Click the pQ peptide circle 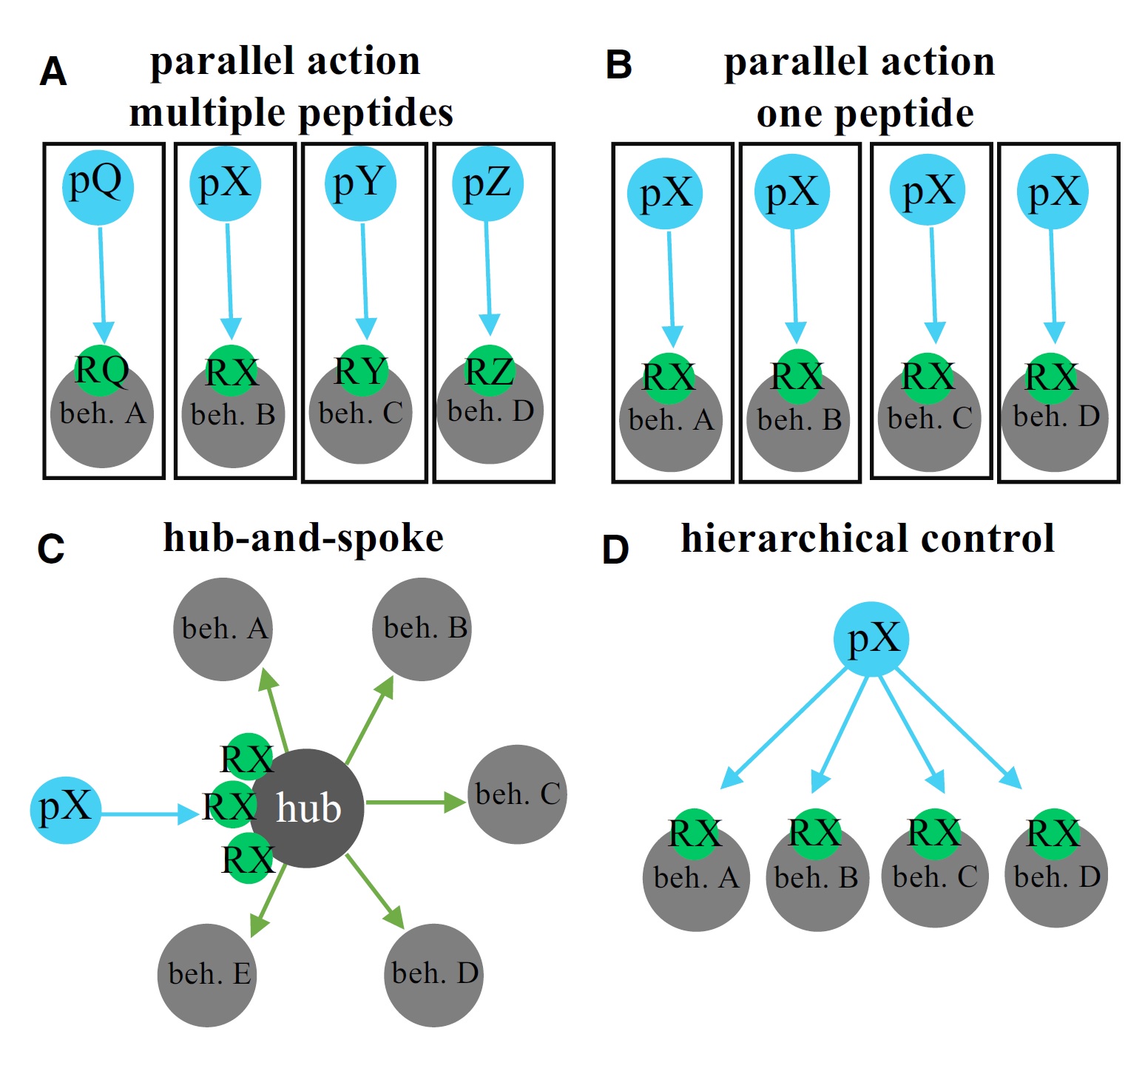(98, 186)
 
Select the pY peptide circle (361, 184)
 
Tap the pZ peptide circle (487, 184)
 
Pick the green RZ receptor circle (489, 369)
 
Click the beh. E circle (208, 974)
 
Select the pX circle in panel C (66, 810)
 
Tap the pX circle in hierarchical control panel (871, 639)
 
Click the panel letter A (53, 72)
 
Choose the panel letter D (615, 550)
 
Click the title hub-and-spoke (303, 538)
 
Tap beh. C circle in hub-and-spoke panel (518, 794)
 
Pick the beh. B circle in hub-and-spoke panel (422, 629)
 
